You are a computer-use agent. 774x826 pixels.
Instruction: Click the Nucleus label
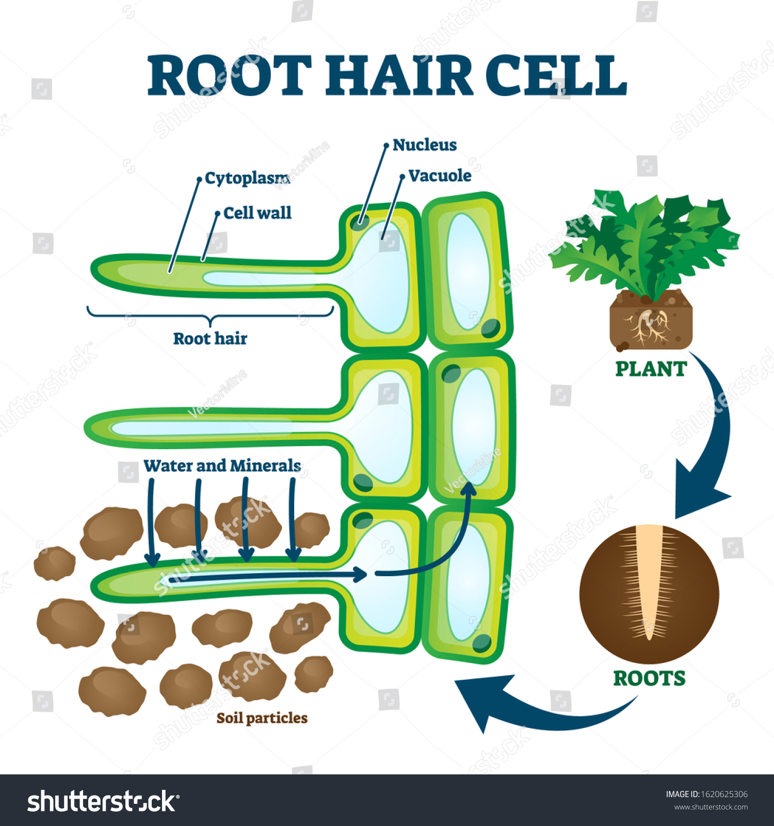[425, 145]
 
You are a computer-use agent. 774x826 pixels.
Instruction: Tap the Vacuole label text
[440, 176]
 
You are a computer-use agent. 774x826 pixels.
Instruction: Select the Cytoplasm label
[247, 179]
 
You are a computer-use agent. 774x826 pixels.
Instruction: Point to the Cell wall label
[257, 213]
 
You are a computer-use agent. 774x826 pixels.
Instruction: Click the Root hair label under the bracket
[210, 339]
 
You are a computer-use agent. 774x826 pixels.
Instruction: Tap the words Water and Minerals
[222, 466]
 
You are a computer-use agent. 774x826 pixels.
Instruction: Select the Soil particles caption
[262, 718]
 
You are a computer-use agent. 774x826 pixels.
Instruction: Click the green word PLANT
[651, 369]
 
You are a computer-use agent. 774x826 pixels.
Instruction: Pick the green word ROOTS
[649, 678]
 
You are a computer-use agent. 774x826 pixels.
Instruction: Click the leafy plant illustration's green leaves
[644, 243]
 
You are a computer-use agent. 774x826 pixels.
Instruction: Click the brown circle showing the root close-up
[649, 594]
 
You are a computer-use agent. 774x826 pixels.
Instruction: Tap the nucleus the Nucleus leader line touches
[360, 223]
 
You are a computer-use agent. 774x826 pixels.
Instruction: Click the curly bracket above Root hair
[211, 315]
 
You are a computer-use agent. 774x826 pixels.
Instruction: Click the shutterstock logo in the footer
[103, 802]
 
